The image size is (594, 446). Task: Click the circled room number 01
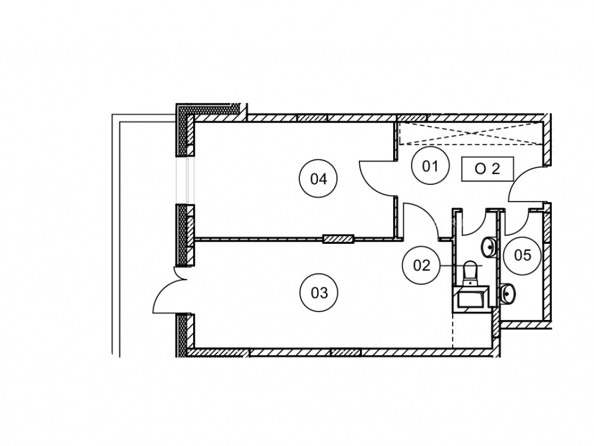(x=430, y=166)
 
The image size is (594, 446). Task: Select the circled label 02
(x=421, y=265)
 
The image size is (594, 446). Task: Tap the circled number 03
(x=318, y=293)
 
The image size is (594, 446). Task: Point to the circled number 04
(x=318, y=178)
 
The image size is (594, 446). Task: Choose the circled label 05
(x=522, y=255)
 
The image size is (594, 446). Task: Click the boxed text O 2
(x=488, y=169)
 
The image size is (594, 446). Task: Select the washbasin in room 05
(x=507, y=294)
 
